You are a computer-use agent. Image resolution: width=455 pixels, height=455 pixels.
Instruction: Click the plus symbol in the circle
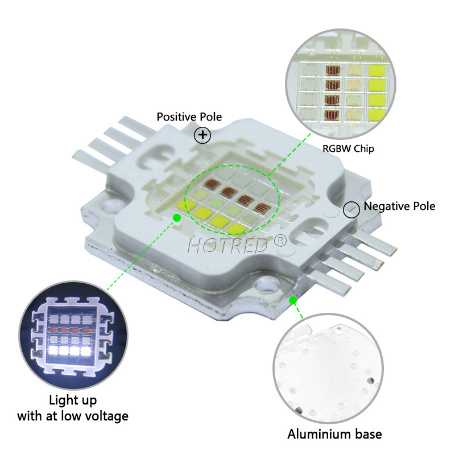point(202,135)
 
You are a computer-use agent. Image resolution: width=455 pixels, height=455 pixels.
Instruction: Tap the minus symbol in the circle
point(351,209)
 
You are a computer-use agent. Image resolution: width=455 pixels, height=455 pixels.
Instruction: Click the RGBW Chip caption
point(348,148)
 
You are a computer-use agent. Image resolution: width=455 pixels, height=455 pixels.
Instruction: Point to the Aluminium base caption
point(334,435)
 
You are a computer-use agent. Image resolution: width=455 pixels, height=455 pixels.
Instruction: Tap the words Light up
point(73,401)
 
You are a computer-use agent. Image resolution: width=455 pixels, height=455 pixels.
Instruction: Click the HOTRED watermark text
point(228,246)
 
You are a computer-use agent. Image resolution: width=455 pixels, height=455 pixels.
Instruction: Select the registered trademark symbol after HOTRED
point(280,241)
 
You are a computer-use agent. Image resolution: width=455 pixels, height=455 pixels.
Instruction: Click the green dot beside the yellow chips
point(177,218)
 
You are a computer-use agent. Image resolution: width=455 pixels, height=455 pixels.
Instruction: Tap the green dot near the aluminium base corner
point(293,300)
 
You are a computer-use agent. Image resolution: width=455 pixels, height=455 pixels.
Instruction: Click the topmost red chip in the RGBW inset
point(333,70)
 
